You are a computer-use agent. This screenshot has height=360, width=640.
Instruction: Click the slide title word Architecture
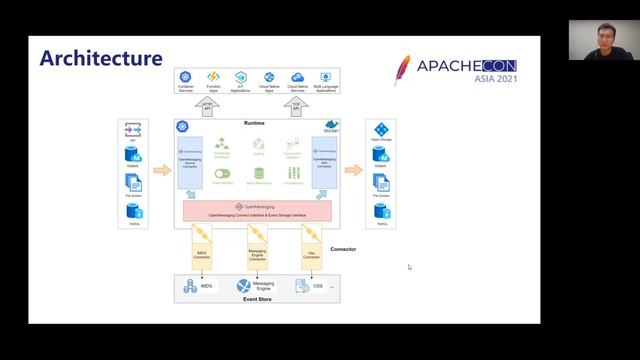coord(100,58)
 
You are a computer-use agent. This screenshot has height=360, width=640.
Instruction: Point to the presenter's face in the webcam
coord(589,37)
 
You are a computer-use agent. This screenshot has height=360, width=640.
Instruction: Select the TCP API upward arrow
coord(298,104)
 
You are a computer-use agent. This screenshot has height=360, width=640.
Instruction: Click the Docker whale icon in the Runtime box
coord(331,126)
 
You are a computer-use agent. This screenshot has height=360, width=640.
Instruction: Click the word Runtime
coord(256,122)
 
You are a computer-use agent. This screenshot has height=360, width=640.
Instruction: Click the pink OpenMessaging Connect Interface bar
coord(257,210)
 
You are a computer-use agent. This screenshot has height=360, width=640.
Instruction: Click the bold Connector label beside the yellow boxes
coord(343,248)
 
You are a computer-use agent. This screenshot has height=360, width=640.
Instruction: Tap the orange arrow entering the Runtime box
coord(162,170)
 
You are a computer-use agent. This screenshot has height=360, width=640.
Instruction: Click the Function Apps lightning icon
coord(213,77)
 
